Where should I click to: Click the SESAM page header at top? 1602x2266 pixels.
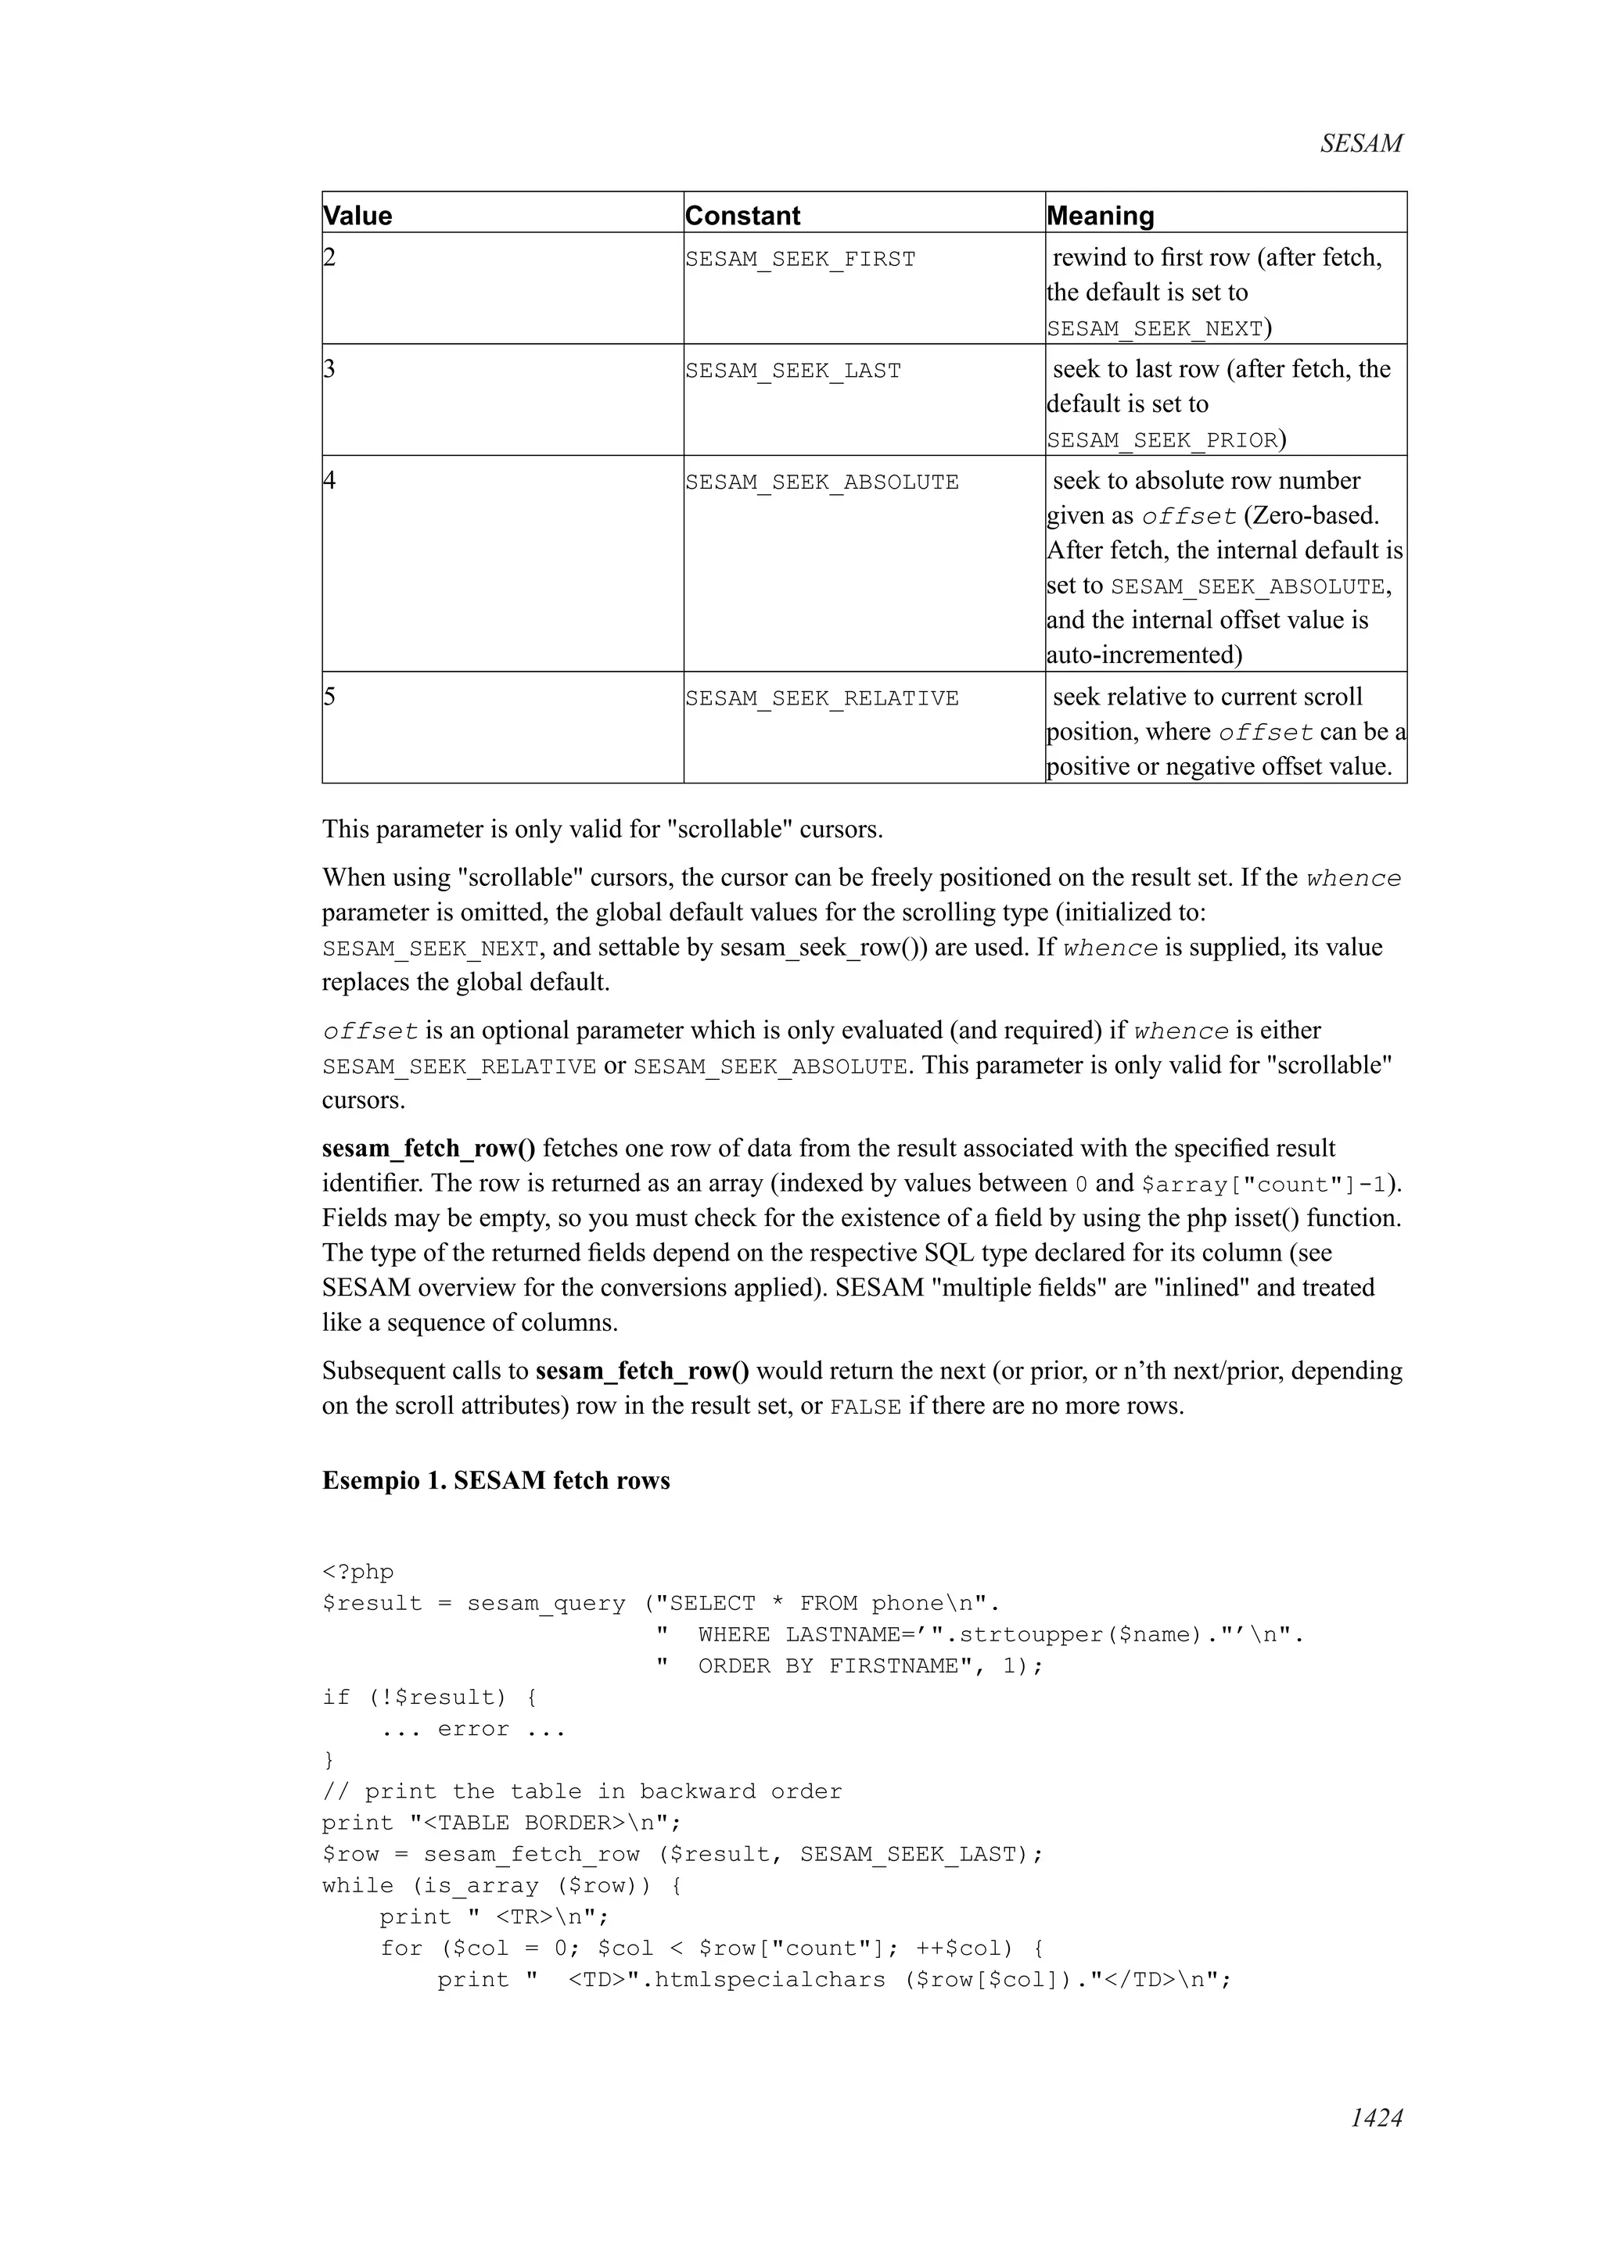(x=1360, y=144)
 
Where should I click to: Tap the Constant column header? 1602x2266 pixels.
(x=742, y=215)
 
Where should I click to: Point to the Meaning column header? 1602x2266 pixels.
(x=1100, y=215)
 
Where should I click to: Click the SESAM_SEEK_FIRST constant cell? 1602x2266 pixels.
(x=799, y=260)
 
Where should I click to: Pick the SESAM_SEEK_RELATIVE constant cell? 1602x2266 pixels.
(x=821, y=699)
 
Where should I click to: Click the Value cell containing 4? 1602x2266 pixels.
(x=329, y=481)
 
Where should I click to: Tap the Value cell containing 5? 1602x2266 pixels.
(x=329, y=697)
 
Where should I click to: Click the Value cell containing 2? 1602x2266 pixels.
(x=329, y=257)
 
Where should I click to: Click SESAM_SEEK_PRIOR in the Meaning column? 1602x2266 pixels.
(x=1162, y=440)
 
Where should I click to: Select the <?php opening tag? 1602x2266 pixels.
(x=357, y=1572)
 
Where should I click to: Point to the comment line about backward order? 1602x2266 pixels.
(x=581, y=1791)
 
